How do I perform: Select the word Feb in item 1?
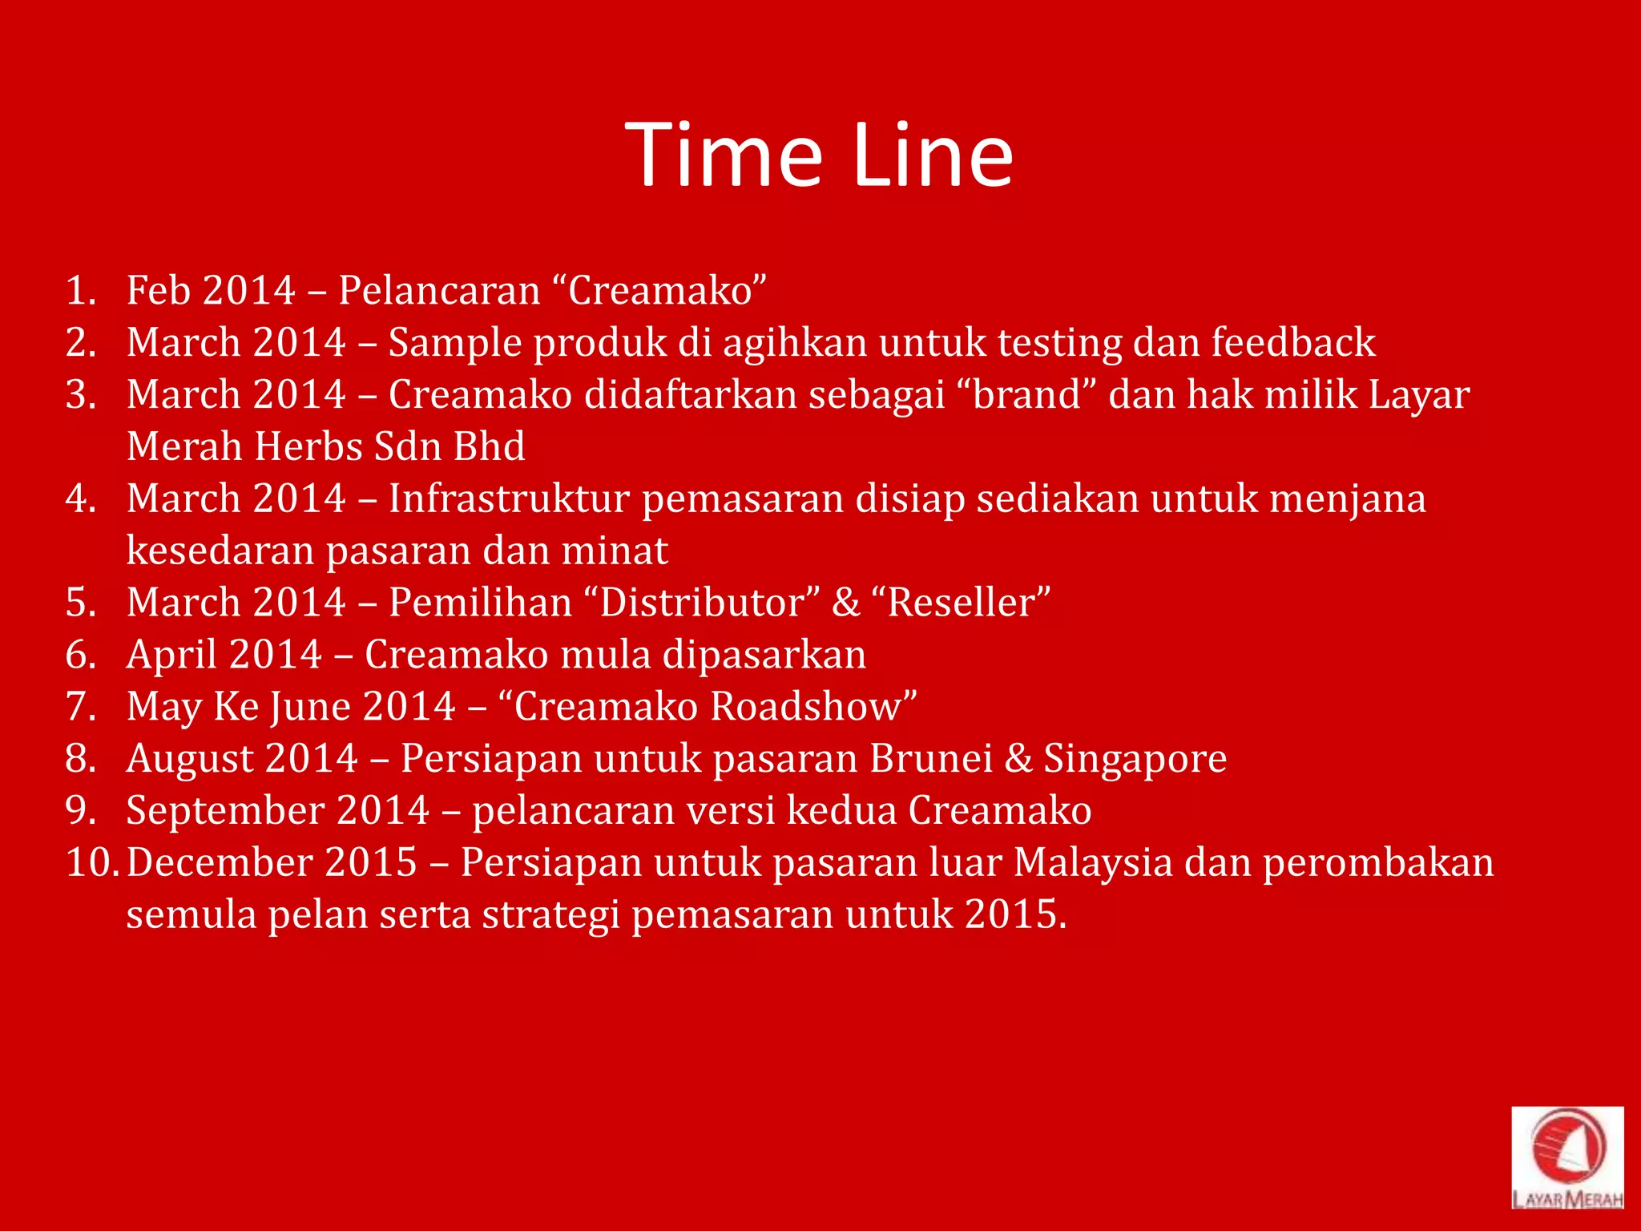pyautogui.click(x=159, y=290)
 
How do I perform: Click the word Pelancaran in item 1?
pyautogui.click(x=439, y=290)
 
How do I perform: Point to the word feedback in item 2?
pyautogui.click(x=1293, y=342)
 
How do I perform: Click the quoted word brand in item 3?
pyautogui.click(x=1027, y=394)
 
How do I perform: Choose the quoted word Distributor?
pyautogui.click(x=702, y=603)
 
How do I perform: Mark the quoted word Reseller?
pyautogui.click(x=968, y=603)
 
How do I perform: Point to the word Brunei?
pyautogui.click(x=931, y=758)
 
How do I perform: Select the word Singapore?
pyautogui.click(x=1135, y=760)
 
